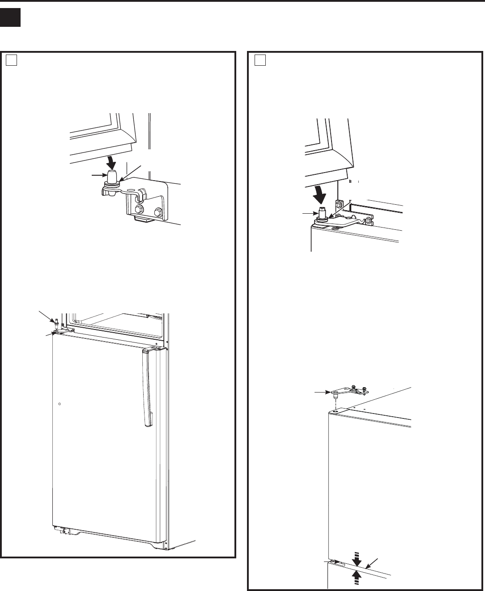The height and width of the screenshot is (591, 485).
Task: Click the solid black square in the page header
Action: [x=10, y=17]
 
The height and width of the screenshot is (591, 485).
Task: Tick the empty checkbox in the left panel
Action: [x=11, y=60]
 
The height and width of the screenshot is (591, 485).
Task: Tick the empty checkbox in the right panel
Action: [x=260, y=60]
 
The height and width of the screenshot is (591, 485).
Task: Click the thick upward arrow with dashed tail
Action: [x=357, y=575]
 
